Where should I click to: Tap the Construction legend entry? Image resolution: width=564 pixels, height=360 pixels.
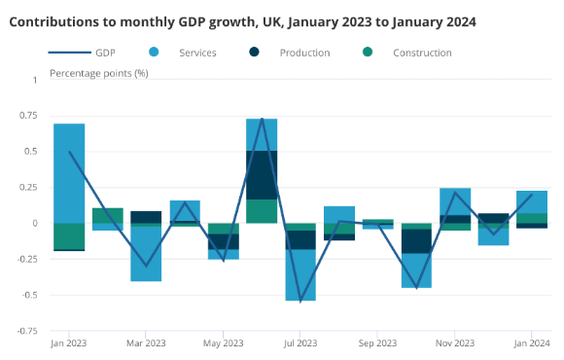pyautogui.click(x=421, y=53)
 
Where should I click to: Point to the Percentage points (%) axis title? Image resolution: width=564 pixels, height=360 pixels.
pyautogui.click(x=98, y=73)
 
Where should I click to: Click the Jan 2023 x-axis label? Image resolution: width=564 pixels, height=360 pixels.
pyautogui.click(x=68, y=342)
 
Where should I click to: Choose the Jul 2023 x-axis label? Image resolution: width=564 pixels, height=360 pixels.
pyautogui.click(x=300, y=342)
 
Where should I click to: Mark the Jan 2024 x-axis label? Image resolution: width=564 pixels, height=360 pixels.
pyautogui.click(x=531, y=342)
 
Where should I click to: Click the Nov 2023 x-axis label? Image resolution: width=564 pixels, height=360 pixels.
pyautogui.click(x=454, y=342)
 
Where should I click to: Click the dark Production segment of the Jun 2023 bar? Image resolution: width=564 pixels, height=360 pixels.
pyautogui.click(x=262, y=174)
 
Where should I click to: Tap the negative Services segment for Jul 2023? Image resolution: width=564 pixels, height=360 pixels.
pyautogui.click(x=300, y=274)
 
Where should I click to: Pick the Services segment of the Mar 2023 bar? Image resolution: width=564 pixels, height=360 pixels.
pyautogui.click(x=146, y=253)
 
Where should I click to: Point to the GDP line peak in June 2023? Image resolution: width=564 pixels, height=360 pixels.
pyautogui.click(x=263, y=120)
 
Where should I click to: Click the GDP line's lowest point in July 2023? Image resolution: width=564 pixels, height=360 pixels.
pyautogui.click(x=300, y=301)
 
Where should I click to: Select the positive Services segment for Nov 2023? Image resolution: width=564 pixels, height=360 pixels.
pyautogui.click(x=455, y=201)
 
